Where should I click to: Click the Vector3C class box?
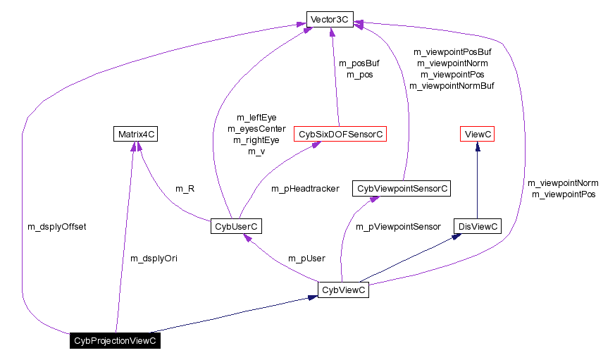330,20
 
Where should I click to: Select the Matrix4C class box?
135,134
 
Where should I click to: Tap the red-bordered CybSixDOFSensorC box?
340,134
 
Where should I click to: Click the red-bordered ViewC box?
477,134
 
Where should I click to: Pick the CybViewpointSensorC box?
402,189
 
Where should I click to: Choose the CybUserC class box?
236,226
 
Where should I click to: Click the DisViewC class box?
478,226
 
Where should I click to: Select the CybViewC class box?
343,290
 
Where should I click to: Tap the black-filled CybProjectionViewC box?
115,341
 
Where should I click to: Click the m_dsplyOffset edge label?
56,227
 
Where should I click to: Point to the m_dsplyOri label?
154,259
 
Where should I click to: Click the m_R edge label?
184,189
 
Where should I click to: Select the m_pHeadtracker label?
305,189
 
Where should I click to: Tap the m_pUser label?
306,259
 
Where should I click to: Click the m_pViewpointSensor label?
397,227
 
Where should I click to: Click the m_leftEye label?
256,118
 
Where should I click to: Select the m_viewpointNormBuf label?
452,86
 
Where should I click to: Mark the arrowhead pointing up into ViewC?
477,147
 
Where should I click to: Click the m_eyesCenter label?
256,129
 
